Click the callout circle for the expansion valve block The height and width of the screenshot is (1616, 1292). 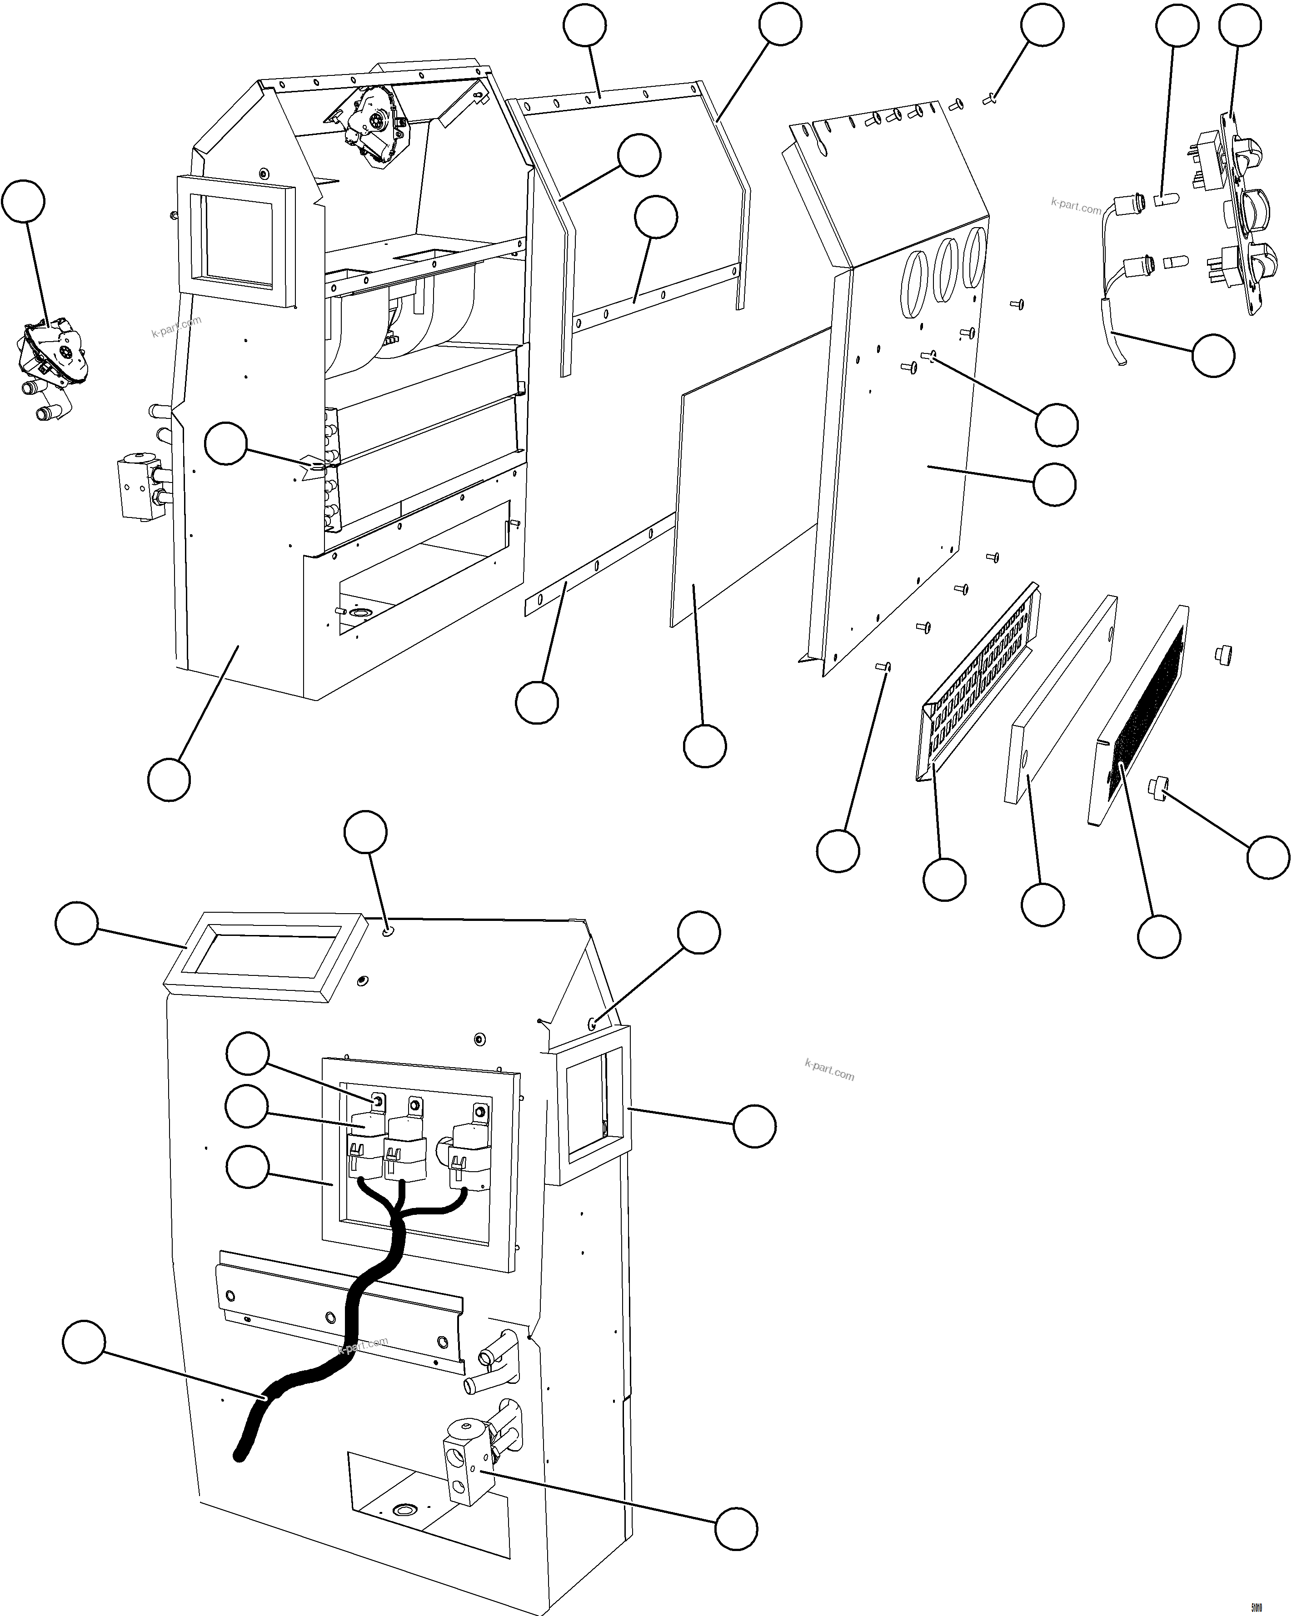[x=736, y=1529]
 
